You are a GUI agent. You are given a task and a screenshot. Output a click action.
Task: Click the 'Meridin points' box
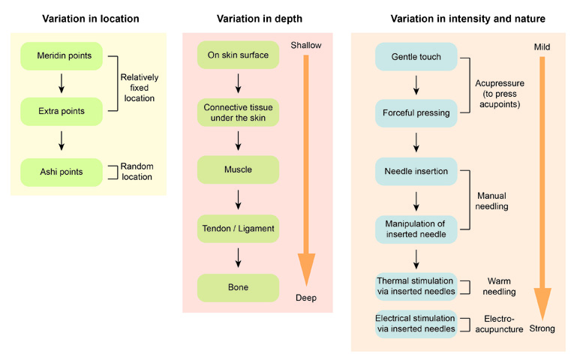(62, 56)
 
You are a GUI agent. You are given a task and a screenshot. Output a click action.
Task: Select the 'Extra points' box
(62, 112)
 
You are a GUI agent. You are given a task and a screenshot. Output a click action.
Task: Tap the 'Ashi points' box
(62, 172)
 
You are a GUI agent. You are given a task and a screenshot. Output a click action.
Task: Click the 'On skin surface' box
(238, 56)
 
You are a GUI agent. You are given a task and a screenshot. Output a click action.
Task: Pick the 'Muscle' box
(238, 169)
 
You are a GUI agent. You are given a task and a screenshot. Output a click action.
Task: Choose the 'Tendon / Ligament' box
(238, 229)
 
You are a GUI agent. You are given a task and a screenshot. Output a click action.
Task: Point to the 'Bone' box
(238, 288)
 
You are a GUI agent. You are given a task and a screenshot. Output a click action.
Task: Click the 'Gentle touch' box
(416, 57)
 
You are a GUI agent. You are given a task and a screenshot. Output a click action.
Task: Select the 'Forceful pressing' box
(416, 113)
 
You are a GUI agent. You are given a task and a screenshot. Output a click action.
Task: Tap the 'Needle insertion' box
(416, 172)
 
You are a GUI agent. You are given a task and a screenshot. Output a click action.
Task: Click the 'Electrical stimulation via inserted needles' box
(416, 324)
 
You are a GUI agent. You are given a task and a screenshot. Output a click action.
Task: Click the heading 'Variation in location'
(91, 18)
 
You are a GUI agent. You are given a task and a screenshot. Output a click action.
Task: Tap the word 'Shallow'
(306, 46)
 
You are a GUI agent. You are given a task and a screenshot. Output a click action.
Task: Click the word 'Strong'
(542, 328)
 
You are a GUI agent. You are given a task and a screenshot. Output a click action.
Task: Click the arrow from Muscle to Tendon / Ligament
(238, 199)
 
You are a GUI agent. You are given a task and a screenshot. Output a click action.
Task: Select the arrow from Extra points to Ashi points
(62, 141)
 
